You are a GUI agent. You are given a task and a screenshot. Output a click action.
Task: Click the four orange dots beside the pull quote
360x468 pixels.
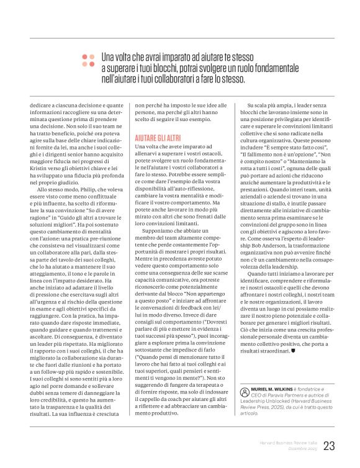[x=88, y=60]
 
